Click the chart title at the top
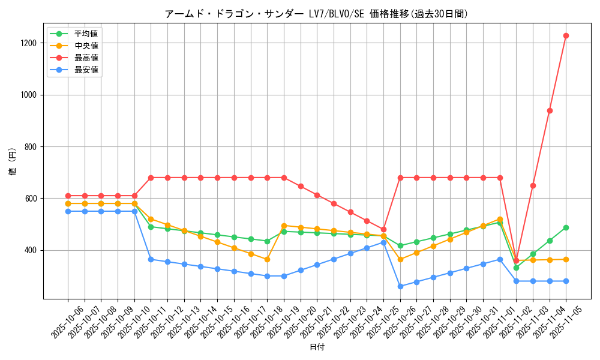click(x=316, y=14)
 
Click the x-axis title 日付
click(x=316, y=347)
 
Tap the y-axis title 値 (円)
click(x=13, y=162)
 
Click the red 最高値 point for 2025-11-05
click(x=566, y=35)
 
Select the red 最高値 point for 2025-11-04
click(x=550, y=110)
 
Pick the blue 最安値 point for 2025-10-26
click(x=400, y=286)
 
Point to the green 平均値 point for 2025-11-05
click(x=566, y=227)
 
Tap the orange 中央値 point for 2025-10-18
click(x=267, y=259)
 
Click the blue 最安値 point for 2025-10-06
click(x=68, y=211)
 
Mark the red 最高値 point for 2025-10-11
click(x=151, y=178)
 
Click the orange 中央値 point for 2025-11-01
click(x=500, y=219)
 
